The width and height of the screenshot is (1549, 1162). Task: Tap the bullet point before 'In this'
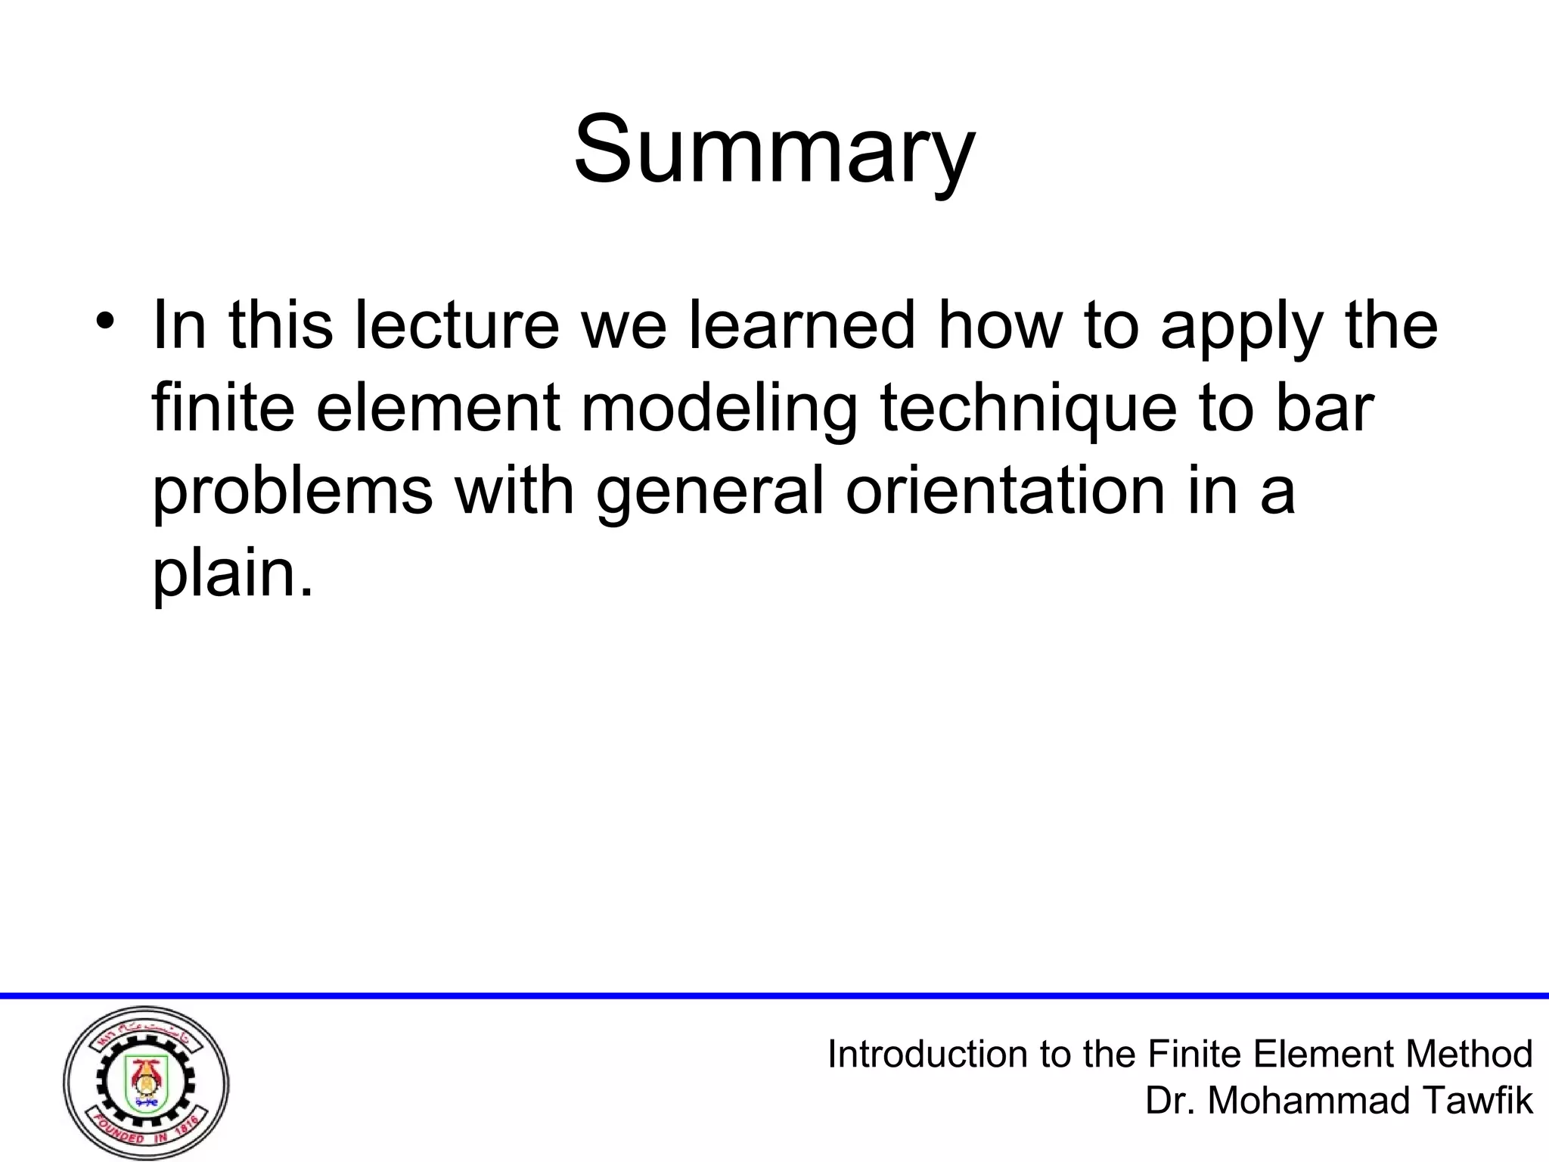point(104,318)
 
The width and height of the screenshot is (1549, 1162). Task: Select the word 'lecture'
point(457,325)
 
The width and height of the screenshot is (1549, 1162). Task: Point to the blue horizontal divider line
point(774,996)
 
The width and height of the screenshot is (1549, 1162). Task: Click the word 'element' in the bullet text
point(437,409)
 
